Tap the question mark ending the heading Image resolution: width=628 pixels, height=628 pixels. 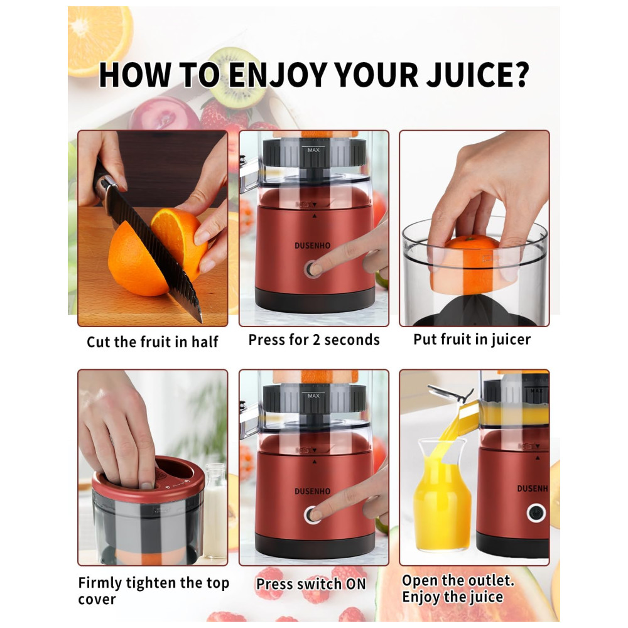coord(522,75)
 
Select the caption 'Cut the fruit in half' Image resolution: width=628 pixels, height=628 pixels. coord(152,342)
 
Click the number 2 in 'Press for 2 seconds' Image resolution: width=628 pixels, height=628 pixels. coord(316,340)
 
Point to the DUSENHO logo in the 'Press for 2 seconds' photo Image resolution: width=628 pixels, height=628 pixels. coord(312,246)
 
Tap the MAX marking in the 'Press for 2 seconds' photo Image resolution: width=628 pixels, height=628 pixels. coord(313,150)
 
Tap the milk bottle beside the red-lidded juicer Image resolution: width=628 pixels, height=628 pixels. coord(216,510)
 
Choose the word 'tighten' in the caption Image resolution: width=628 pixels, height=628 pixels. coord(151,583)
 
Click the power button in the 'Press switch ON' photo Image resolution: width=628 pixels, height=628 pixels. coord(311,514)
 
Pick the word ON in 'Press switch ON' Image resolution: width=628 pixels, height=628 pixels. coord(356,584)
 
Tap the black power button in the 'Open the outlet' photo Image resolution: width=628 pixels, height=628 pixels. coord(536,512)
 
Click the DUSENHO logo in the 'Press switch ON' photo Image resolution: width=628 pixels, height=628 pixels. coord(312,491)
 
